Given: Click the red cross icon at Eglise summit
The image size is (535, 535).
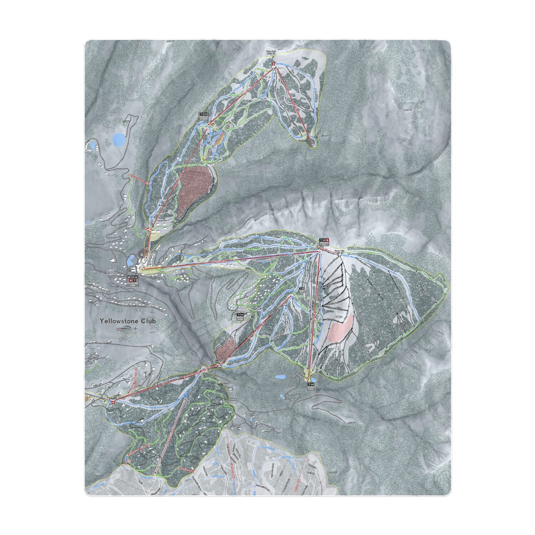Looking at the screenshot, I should click(x=274, y=65).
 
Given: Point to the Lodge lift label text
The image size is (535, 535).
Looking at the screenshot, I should click(x=220, y=263).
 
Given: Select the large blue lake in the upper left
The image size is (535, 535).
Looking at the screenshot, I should click(x=119, y=139).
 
